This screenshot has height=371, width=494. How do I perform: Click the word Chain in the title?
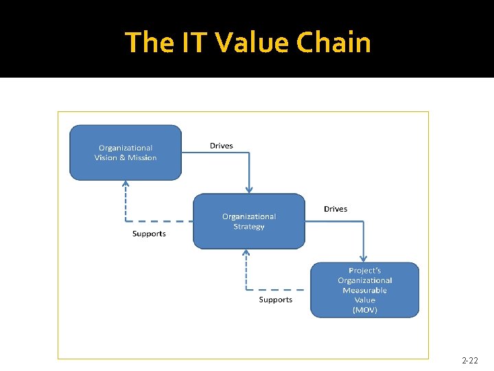tap(334, 43)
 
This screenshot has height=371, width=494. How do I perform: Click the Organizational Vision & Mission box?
tap(126, 153)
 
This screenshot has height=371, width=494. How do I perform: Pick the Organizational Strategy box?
tap(248, 221)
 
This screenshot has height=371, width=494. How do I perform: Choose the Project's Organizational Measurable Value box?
tap(364, 290)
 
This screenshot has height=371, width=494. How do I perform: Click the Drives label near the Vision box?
tap(221, 146)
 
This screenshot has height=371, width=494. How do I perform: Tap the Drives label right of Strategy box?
tap(336, 209)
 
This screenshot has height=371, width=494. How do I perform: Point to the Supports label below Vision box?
tap(149, 234)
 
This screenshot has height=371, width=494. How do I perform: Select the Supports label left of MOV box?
tap(275, 300)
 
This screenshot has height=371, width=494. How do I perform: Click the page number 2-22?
tap(470, 360)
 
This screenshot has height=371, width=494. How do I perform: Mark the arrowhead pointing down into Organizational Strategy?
tap(249, 190)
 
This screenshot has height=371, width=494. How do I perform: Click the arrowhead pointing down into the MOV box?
tap(364, 258)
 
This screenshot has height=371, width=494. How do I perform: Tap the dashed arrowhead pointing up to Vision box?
tap(126, 184)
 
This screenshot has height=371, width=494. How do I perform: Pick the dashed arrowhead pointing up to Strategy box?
tap(246, 252)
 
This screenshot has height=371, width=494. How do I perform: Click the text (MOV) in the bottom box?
tap(364, 310)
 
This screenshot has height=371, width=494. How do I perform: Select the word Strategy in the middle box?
tap(248, 226)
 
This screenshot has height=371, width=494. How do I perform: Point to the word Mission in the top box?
tap(141, 157)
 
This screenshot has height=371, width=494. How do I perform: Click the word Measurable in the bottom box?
tap(364, 290)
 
